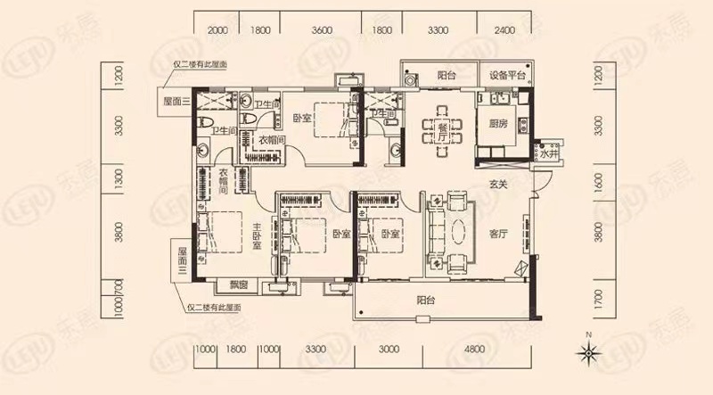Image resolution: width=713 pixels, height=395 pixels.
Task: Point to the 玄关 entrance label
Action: tap(498, 186)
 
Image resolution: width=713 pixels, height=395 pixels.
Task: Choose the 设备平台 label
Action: tap(506, 76)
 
